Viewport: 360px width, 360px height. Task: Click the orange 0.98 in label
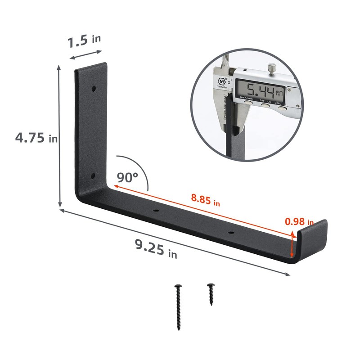tap(299, 221)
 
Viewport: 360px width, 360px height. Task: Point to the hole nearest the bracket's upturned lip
tap(230, 233)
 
